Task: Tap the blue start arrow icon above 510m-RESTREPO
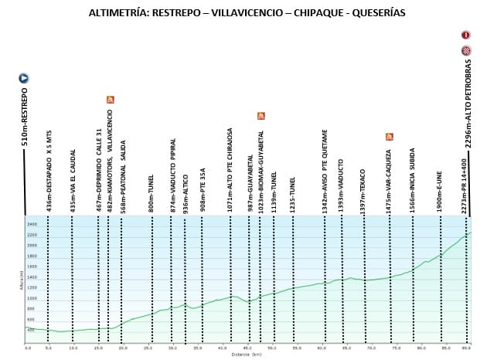coord(24,78)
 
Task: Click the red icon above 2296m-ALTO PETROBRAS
coord(466,36)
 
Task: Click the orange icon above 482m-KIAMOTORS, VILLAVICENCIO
coord(111,100)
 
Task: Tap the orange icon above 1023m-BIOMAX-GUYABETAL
coord(261,116)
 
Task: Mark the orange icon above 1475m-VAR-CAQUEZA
coord(389,137)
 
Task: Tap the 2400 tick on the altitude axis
coord(32,224)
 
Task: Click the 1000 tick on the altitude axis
coord(32,298)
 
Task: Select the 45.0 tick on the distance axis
coord(247,349)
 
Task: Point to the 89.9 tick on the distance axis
coord(467,349)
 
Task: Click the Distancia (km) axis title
coord(246,355)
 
